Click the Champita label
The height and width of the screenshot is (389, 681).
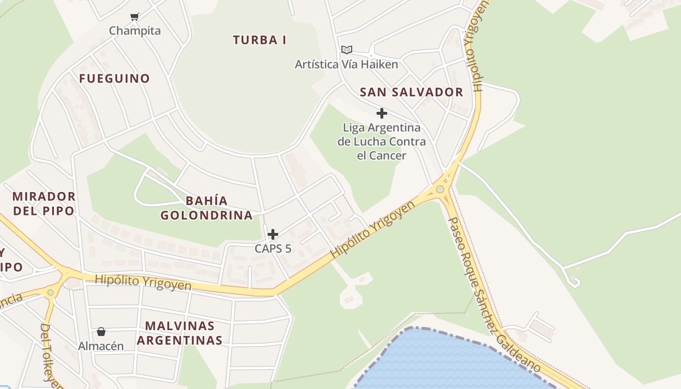(x=135, y=31)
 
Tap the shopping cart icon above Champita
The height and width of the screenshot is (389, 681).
(x=135, y=17)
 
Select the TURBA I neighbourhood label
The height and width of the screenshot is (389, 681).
(x=259, y=40)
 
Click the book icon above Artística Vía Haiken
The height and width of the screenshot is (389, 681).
(x=346, y=50)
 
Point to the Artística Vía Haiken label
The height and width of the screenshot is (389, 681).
(x=346, y=64)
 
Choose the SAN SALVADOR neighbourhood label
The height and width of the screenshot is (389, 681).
(x=412, y=92)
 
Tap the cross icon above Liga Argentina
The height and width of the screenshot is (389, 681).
(x=382, y=113)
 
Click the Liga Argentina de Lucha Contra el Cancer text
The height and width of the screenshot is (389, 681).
(x=382, y=141)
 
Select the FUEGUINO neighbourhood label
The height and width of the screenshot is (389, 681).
(x=114, y=78)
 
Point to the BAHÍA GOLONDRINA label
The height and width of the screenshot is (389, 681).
(x=207, y=208)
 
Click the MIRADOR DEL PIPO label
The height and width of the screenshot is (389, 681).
(x=44, y=204)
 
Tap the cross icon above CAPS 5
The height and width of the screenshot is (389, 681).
(x=273, y=234)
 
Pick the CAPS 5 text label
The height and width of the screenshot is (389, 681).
(x=273, y=248)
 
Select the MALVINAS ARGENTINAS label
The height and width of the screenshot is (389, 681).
(x=179, y=333)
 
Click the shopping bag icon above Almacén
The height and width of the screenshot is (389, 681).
(x=101, y=332)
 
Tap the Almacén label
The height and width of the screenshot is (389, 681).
(x=101, y=346)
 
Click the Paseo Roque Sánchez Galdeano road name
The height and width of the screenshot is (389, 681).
(x=491, y=294)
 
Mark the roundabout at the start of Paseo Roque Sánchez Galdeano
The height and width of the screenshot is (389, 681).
(x=440, y=189)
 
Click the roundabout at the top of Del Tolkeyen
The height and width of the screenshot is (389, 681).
(x=50, y=292)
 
